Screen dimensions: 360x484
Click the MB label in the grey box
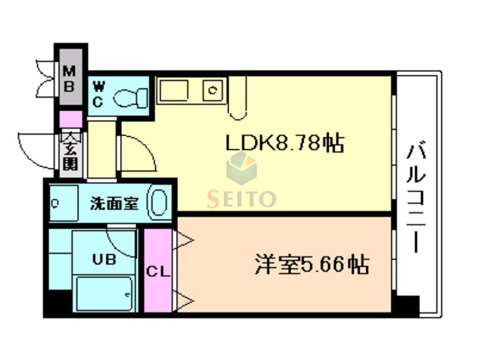pyautogui.click(x=70, y=79)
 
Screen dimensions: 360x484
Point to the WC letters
pyautogui.click(x=98, y=95)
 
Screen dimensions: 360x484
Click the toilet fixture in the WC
pyautogui.click(x=132, y=97)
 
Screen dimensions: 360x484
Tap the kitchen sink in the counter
pyautogui.click(x=213, y=92)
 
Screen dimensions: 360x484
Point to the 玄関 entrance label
pyautogui.click(x=70, y=151)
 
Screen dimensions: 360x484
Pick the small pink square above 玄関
pyautogui.click(x=70, y=119)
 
